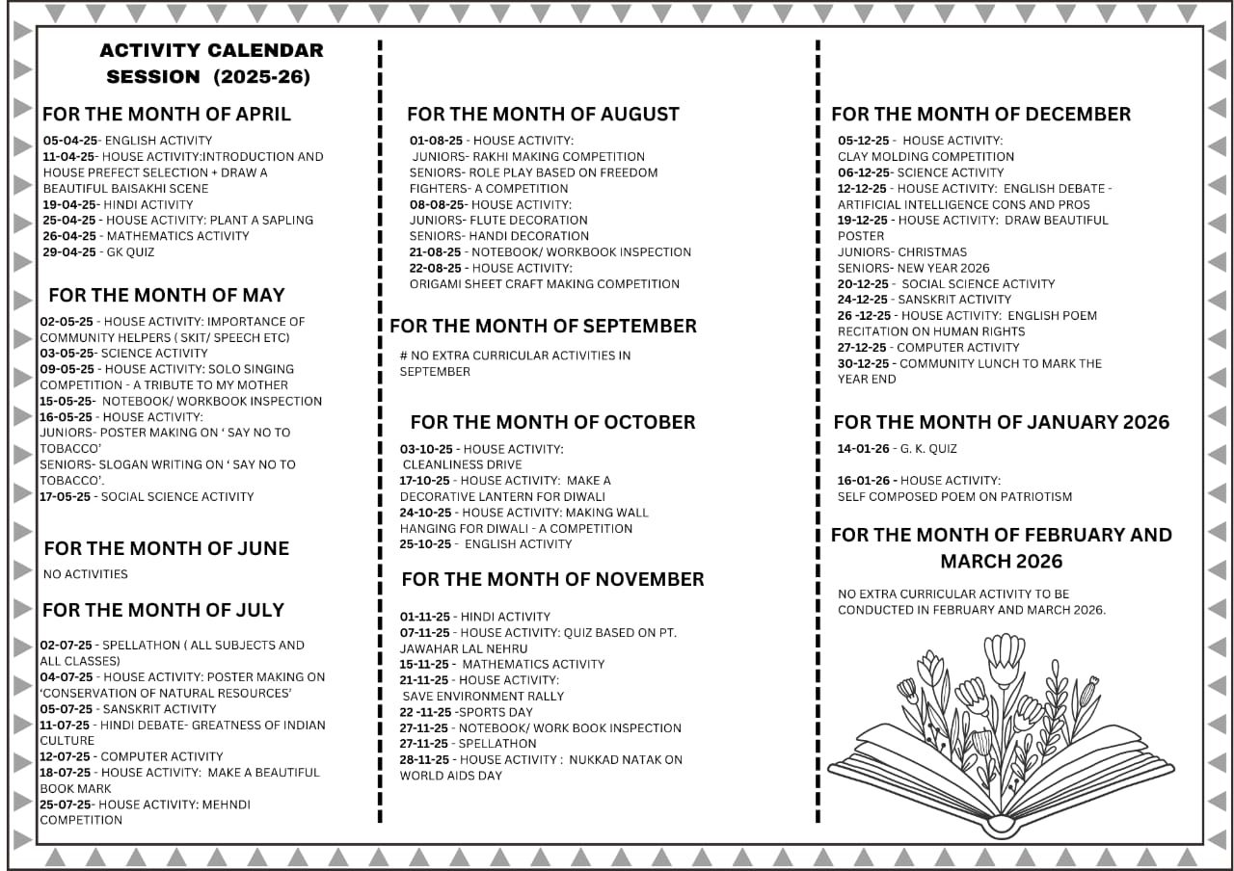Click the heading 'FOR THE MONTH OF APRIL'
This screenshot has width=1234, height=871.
pos(166,114)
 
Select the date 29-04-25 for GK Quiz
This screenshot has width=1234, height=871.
pos(69,252)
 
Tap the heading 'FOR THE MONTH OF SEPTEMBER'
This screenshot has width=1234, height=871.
pos(543,326)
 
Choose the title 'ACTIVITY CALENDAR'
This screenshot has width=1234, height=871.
pos(211,50)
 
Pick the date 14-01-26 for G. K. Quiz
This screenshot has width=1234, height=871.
pos(864,448)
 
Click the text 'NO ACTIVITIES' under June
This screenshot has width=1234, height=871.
pos(86,574)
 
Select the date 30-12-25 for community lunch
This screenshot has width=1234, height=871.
pos(864,363)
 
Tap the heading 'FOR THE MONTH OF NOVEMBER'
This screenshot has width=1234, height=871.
pos(552,579)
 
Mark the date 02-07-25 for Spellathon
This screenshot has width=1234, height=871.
pos(67,646)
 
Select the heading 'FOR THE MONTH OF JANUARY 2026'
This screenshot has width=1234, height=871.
pos(1001,422)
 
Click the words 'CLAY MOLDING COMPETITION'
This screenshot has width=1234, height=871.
pos(925,156)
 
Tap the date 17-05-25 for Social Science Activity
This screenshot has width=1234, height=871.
pos(67,497)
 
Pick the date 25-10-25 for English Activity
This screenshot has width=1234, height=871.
pos(426,544)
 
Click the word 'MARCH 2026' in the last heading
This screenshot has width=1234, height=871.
pos(1001,561)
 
